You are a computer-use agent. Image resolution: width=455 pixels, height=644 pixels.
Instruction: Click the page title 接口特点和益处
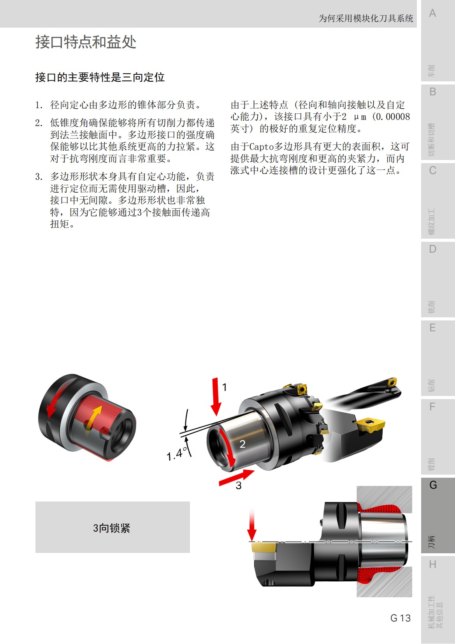click(x=86, y=42)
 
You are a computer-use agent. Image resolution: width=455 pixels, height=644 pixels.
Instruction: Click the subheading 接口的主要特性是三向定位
click(x=100, y=77)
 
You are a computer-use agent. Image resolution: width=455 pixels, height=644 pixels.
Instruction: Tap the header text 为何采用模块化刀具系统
click(x=365, y=18)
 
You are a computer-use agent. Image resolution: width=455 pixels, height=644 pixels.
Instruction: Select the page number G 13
click(x=400, y=618)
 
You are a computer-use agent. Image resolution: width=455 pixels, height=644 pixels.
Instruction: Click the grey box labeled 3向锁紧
click(x=112, y=527)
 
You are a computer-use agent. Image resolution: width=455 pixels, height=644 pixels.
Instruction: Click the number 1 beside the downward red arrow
click(x=225, y=387)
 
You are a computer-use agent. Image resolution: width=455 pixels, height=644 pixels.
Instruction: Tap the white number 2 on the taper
click(x=242, y=444)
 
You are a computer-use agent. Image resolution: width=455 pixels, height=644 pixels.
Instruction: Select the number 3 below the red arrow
click(x=239, y=486)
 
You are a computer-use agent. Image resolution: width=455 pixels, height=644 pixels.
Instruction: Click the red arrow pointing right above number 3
click(x=237, y=477)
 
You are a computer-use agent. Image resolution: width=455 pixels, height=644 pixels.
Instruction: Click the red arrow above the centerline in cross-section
click(x=252, y=526)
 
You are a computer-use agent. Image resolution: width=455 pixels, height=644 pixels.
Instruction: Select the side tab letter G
click(x=433, y=485)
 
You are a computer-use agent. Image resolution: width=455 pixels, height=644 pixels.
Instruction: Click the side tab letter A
click(x=432, y=13)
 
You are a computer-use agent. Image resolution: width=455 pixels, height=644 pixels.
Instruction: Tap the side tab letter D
click(x=432, y=249)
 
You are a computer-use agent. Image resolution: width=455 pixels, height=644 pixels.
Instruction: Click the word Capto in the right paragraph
click(x=262, y=147)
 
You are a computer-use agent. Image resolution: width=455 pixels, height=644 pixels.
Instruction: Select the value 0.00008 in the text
click(x=393, y=116)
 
